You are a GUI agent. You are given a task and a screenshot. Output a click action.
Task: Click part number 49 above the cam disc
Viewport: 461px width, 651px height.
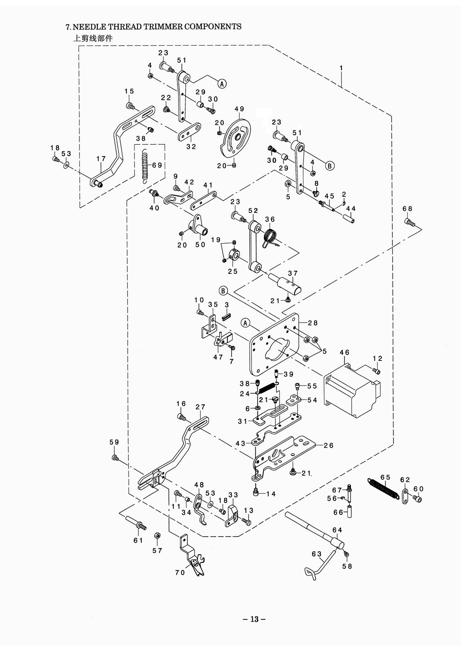pyautogui.click(x=239, y=109)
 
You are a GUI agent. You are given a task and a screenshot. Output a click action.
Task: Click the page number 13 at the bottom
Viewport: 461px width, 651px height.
pyautogui.click(x=254, y=619)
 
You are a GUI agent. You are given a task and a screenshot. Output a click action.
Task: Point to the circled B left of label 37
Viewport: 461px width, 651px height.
pyautogui.click(x=223, y=291)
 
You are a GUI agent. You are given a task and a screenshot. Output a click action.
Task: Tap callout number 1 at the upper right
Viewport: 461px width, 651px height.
pyautogui.click(x=341, y=68)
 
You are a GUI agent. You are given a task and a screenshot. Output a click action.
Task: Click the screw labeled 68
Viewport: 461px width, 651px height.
pyautogui.click(x=409, y=223)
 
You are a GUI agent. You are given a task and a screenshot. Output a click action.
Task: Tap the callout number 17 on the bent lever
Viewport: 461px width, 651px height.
pyautogui.click(x=101, y=159)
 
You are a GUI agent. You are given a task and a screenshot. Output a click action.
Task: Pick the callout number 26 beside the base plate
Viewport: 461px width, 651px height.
pyautogui.click(x=328, y=445)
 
